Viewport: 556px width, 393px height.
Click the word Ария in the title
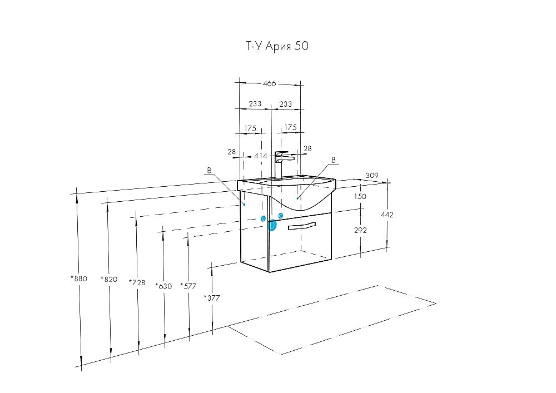coord(278,46)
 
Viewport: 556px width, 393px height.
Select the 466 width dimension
coord(269,83)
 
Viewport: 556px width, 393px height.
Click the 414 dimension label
coord(260,156)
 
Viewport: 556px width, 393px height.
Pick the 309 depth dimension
coord(371,175)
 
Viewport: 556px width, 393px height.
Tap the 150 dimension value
coord(360,196)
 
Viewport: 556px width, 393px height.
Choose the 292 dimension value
coord(360,230)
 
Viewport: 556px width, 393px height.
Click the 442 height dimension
coord(387,215)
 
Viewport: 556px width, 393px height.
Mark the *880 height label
coord(79,278)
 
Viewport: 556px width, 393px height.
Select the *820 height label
coord(109,279)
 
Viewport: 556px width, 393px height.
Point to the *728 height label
coord(137,282)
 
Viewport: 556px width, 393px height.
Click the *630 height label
coord(163,286)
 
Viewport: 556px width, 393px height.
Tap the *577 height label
coord(188,286)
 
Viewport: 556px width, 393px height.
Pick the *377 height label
coord(212,298)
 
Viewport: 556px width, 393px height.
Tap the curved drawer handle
coord(302,226)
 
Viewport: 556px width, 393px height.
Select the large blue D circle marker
coord(272,225)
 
